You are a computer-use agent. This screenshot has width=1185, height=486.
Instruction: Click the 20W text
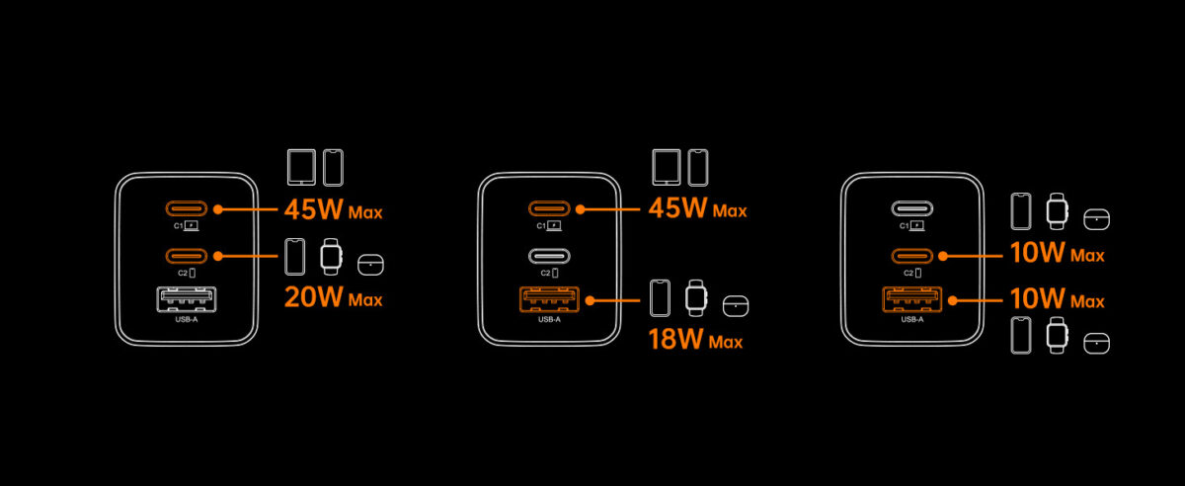click(314, 297)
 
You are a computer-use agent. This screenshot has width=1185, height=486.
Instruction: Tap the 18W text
click(675, 340)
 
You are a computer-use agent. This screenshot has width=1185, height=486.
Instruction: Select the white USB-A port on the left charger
click(187, 299)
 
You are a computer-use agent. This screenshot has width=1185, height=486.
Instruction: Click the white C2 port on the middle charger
click(549, 256)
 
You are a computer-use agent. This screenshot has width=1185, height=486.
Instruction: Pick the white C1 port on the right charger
click(912, 208)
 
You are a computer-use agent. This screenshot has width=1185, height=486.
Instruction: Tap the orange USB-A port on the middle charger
click(549, 299)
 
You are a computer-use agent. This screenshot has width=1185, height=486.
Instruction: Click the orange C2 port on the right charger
click(912, 256)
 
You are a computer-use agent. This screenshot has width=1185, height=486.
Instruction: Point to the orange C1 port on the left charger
click(187, 208)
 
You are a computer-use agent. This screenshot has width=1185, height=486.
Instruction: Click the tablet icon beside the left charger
click(301, 167)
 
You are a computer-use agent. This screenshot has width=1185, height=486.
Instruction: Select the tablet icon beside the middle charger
click(667, 167)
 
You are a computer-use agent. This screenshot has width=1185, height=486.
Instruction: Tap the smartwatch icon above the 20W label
click(331, 257)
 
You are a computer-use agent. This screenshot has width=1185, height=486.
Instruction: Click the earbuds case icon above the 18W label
click(736, 306)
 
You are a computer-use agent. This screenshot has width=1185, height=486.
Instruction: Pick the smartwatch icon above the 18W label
click(695, 298)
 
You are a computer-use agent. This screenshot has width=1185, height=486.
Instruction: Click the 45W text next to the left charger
click(314, 209)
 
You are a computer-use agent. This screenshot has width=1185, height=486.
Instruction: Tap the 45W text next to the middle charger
click(677, 208)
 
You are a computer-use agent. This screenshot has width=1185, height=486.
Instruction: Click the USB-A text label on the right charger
click(912, 319)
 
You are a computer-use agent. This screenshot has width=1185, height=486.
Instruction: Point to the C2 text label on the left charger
click(183, 274)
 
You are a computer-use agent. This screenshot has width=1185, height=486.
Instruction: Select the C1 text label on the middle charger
click(541, 226)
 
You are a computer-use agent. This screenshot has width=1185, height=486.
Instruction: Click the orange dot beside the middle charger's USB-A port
click(591, 300)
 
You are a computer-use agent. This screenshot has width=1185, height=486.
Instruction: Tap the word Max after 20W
click(365, 300)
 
